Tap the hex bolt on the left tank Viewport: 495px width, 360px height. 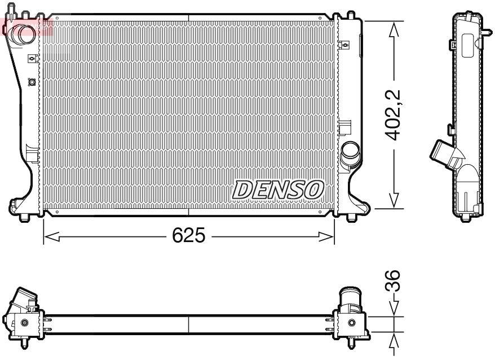click(x=32, y=82)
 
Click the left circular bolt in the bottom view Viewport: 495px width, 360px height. click(x=24, y=323)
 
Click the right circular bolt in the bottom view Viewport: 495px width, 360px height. click(x=352, y=323)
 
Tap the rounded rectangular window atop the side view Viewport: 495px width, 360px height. click(x=467, y=45)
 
